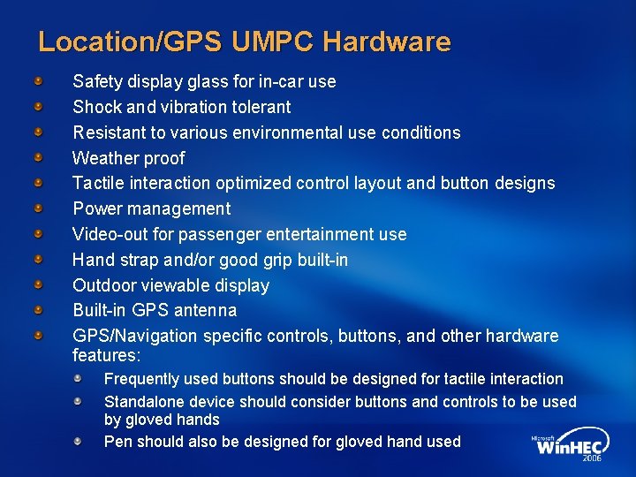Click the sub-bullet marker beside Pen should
pos(78,440)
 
